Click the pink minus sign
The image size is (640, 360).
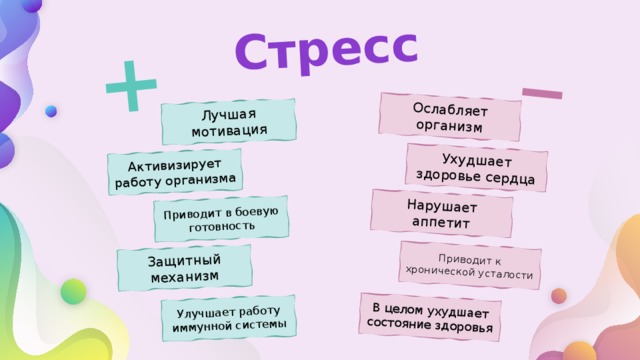(x=541, y=93)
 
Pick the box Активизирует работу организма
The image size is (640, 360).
(x=175, y=171)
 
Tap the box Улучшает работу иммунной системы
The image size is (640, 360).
(x=228, y=317)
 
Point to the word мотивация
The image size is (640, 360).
(x=230, y=130)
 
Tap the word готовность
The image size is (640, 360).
(x=221, y=227)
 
